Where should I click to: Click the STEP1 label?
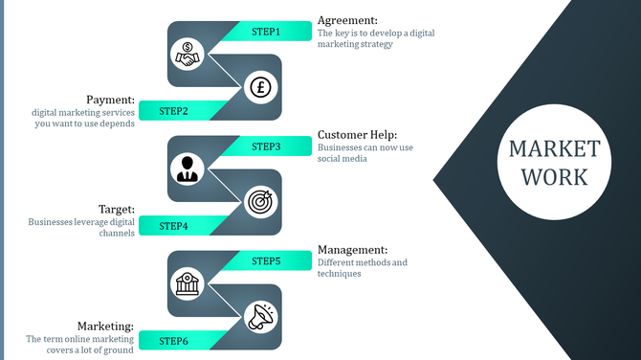pos(266,32)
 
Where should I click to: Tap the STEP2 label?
pos(173,111)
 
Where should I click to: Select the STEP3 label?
pos(266,146)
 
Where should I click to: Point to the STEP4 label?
pos(173,226)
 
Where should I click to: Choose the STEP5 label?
pos(266,260)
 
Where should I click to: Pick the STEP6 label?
pos(173,341)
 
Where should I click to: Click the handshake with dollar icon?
pos(188,55)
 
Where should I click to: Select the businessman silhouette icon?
pos(188,169)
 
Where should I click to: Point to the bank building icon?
pos(188,283)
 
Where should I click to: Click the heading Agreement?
pos(347,20)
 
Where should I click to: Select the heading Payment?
pos(110,100)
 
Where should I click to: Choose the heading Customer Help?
pos(357,135)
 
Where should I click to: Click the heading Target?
pos(117,209)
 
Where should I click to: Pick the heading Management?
pos(352,250)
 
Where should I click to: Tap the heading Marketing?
pos(105,326)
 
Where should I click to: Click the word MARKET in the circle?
pos(555,149)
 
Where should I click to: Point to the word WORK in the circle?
pos(555,177)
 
